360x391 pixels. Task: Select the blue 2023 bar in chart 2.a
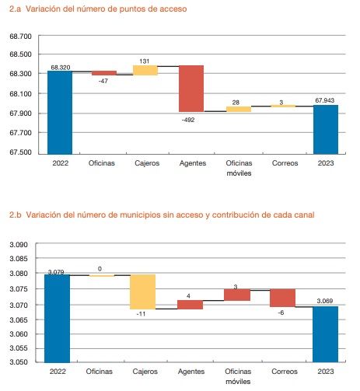tap(326, 128)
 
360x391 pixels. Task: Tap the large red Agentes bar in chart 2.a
tap(191, 88)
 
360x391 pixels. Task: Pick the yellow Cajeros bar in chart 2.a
tap(145, 70)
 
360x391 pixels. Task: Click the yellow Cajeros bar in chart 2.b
tap(143, 292)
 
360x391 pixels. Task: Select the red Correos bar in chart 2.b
tap(283, 298)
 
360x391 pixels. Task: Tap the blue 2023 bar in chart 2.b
tap(326, 333)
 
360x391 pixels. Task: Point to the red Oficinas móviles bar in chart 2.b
tap(238, 295)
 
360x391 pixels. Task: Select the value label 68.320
tap(59, 67)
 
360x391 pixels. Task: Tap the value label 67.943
tap(327, 99)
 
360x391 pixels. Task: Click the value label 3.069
tap(326, 300)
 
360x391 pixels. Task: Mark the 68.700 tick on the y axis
tap(20, 37)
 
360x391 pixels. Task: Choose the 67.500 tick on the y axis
tap(20, 152)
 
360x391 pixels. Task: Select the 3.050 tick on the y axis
tap(20, 362)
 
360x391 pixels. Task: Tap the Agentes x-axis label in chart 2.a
tap(191, 164)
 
